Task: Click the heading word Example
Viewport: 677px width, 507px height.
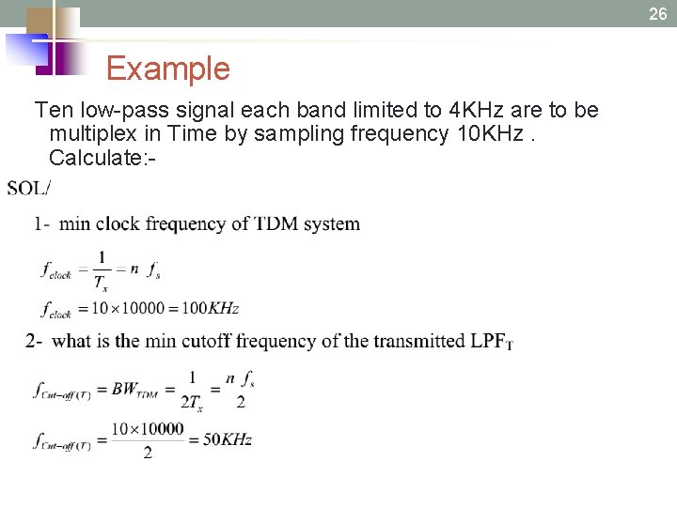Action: tap(167, 69)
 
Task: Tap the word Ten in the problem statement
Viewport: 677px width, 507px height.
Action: tap(52, 110)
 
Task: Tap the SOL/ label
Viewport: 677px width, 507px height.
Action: tap(29, 188)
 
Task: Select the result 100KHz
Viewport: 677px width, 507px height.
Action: tap(210, 308)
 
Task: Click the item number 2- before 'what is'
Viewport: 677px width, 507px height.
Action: tap(34, 341)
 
